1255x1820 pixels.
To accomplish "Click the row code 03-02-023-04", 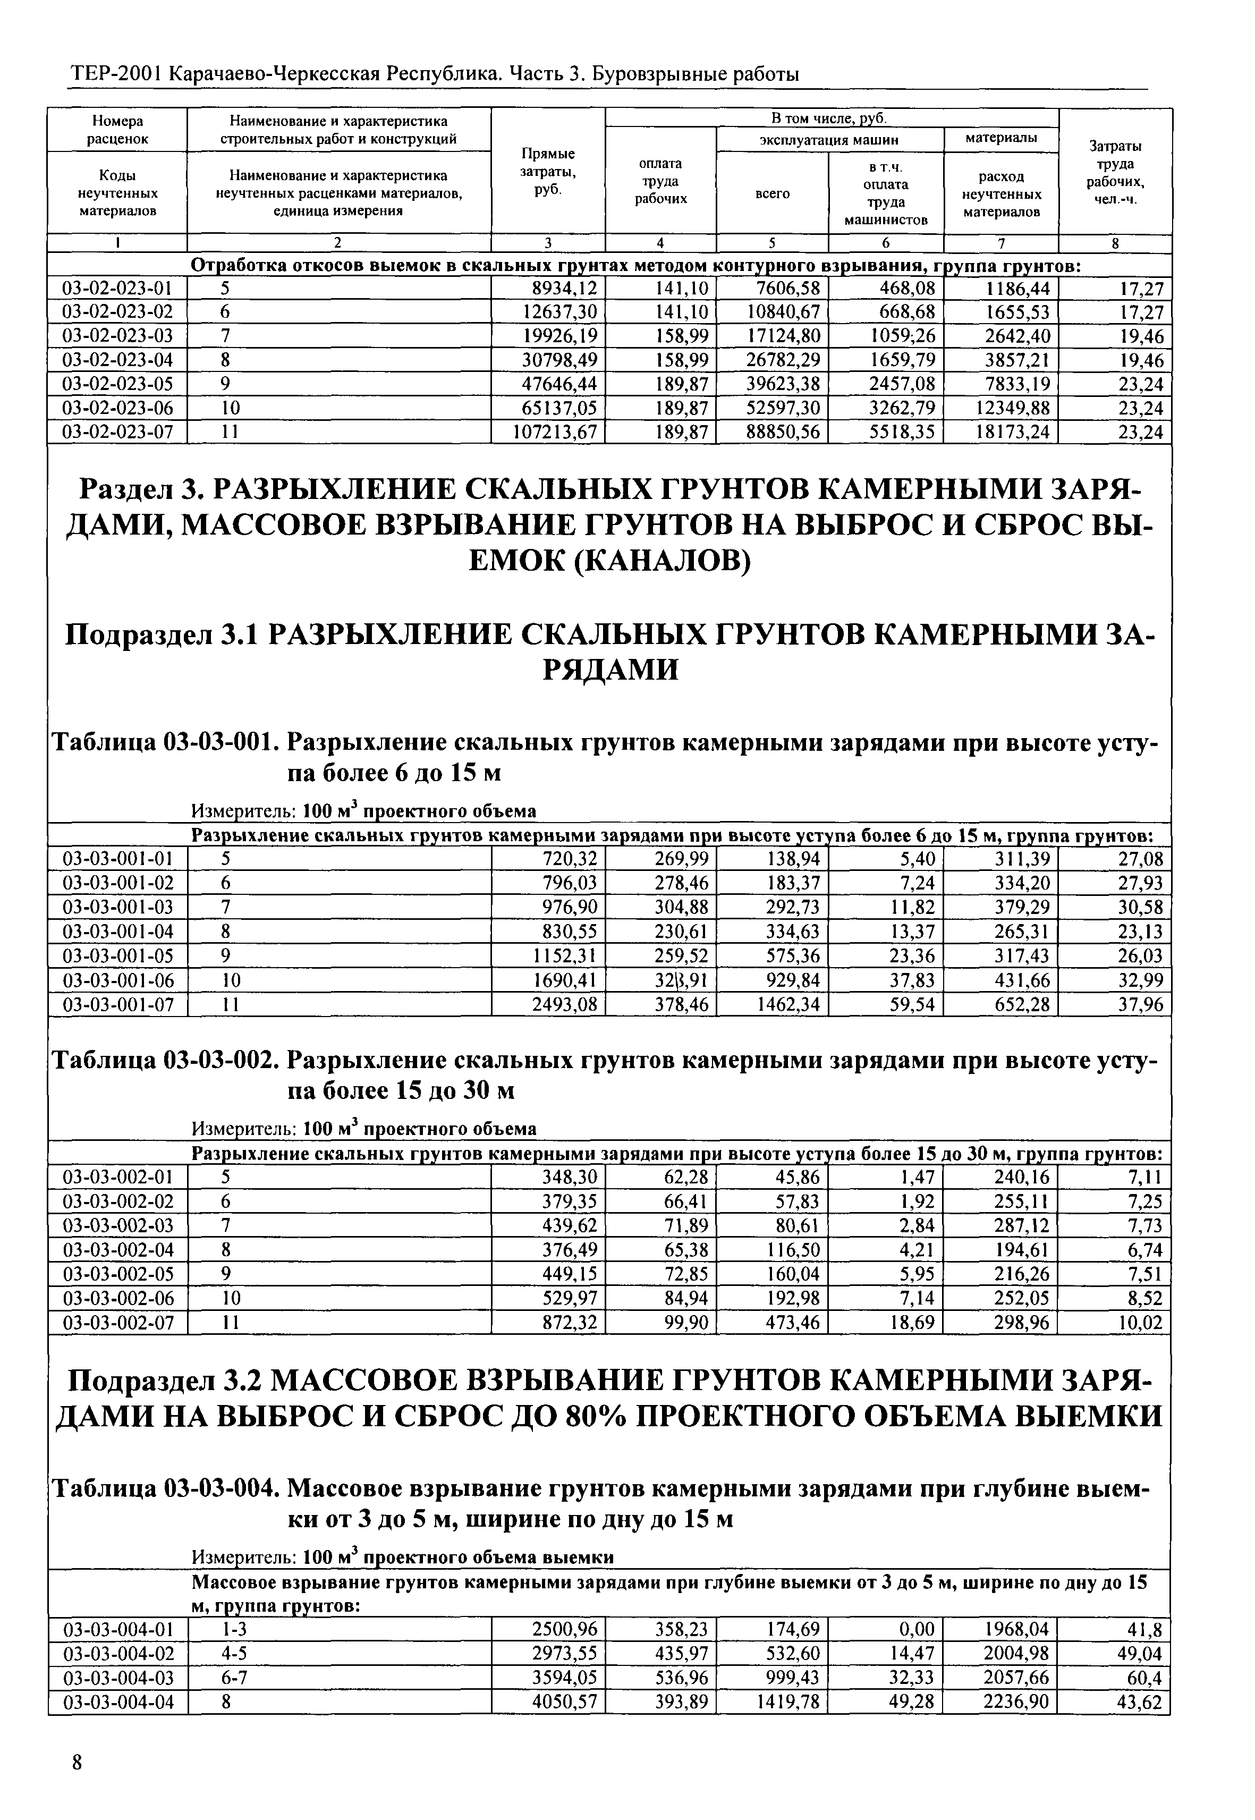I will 117,360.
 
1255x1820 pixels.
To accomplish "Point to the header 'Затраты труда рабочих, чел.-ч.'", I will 1115,172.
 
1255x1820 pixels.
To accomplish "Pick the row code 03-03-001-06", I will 117,981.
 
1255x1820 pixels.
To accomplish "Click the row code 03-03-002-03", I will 117,1226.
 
